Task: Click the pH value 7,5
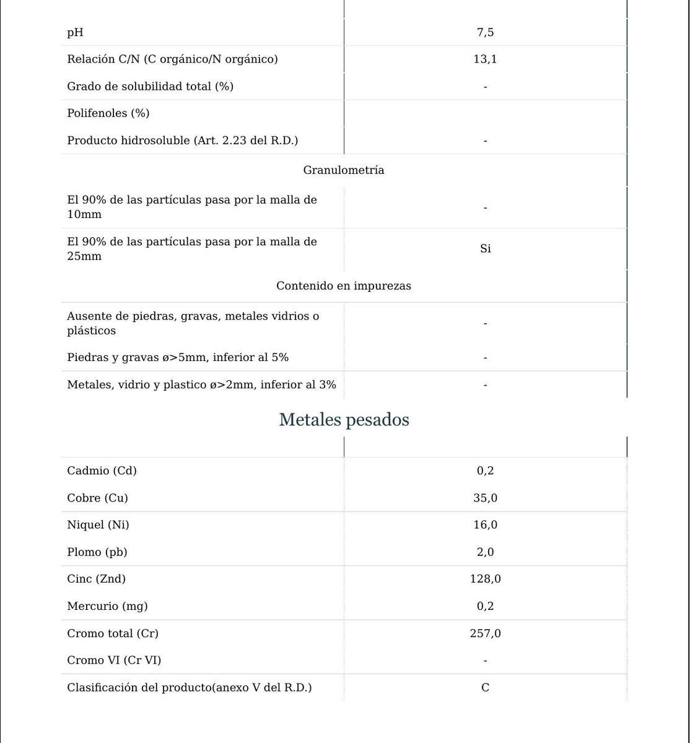click(x=485, y=32)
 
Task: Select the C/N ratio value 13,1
click(x=485, y=59)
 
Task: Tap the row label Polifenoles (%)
click(x=108, y=113)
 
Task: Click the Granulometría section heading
click(x=344, y=170)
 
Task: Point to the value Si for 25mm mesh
click(x=485, y=249)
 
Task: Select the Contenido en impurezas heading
click(x=344, y=286)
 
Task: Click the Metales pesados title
click(x=344, y=420)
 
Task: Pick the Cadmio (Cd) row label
click(x=102, y=471)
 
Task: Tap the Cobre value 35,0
click(x=485, y=498)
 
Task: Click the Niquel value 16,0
click(x=485, y=525)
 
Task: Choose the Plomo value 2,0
click(x=485, y=552)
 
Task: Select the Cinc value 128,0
click(x=485, y=579)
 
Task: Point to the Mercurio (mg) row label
click(x=107, y=606)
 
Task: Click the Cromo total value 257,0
click(x=485, y=633)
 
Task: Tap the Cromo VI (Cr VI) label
click(x=114, y=661)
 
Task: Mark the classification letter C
click(x=485, y=688)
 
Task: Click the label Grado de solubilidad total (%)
click(x=150, y=87)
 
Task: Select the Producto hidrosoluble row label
click(x=182, y=141)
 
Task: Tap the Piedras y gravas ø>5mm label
click(x=178, y=358)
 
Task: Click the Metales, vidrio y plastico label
click(x=201, y=385)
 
